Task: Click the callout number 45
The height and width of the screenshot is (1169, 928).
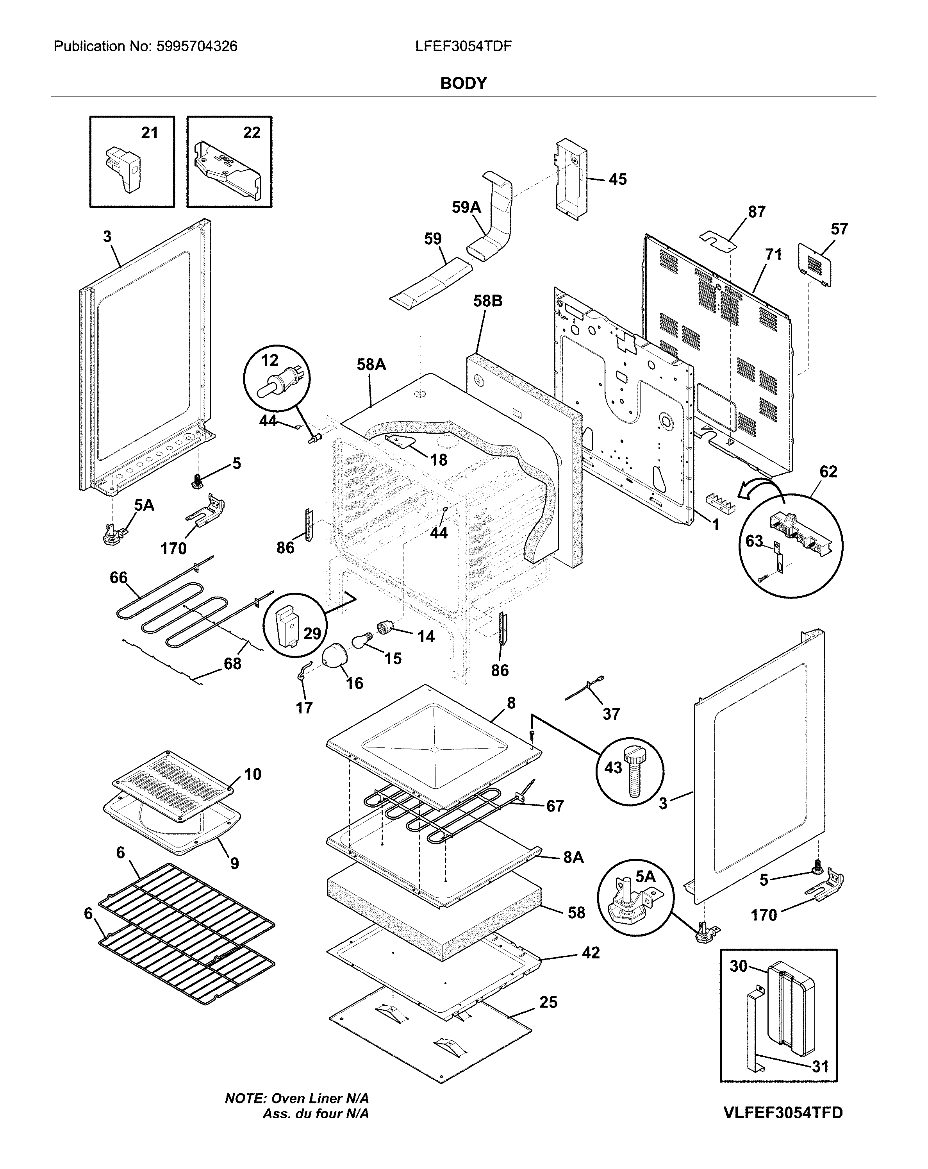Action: click(617, 179)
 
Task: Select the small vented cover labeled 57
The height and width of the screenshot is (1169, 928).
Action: click(814, 264)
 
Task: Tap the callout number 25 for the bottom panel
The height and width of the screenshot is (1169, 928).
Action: click(548, 1002)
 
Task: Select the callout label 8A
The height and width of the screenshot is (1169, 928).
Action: click(573, 857)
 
